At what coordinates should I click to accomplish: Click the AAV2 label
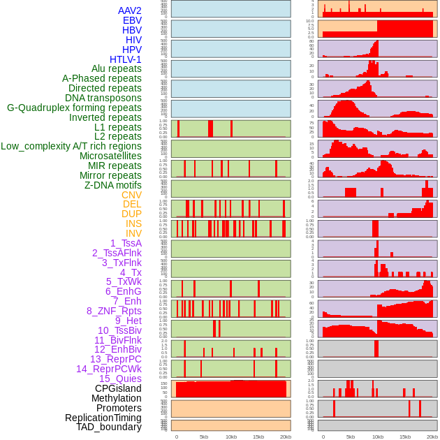[x=129, y=10]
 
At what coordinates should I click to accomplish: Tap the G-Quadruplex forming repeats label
[x=74, y=108]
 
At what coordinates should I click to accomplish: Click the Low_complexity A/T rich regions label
[x=71, y=146]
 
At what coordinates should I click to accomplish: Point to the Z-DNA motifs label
[x=112, y=185]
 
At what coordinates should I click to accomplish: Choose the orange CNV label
[x=131, y=195]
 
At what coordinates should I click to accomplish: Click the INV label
[x=133, y=233]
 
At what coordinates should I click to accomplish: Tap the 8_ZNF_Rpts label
[x=114, y=311]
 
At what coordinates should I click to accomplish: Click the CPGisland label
[x=118, y=388]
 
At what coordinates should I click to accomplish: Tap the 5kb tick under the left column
[x=204, y=437]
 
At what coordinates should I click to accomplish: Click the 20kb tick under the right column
[x=432, y=437]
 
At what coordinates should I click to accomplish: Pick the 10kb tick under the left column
[x=231, y=437]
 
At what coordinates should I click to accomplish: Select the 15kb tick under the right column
[x=404, y=437]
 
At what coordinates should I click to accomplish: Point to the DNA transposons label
[x=103, y=98]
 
